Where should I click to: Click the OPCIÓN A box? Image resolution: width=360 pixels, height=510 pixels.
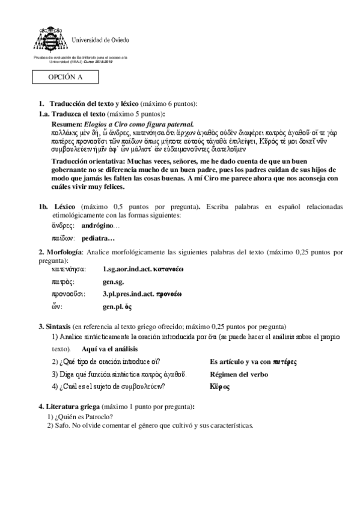66,78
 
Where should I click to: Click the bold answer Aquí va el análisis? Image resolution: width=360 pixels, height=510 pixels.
110,349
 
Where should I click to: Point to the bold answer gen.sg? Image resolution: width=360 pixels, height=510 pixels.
114,281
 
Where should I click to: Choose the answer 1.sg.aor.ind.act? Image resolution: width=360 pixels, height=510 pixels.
127,269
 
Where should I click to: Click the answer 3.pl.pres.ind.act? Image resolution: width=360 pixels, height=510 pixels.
128,294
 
